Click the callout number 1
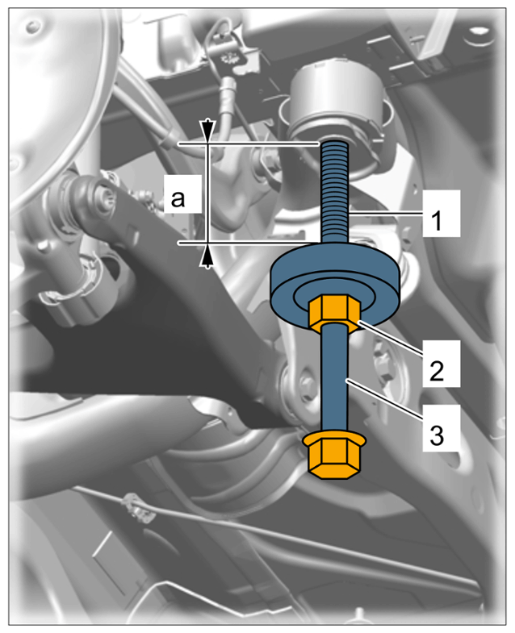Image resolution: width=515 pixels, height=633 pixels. tap(437, 221)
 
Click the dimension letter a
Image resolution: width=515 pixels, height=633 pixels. tap(178, 198)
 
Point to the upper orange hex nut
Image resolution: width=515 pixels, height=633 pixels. tap(335, 313)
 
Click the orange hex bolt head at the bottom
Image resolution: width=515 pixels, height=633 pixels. tap(335, 456)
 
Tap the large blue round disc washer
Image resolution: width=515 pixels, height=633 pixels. tap(336, 285)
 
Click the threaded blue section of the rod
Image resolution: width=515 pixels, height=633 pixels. tap(335, 192)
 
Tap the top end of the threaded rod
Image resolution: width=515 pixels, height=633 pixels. tap(335, 141)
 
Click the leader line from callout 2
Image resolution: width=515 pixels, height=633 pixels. tap(390, 339)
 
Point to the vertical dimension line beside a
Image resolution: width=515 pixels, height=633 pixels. tap(207, 193)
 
